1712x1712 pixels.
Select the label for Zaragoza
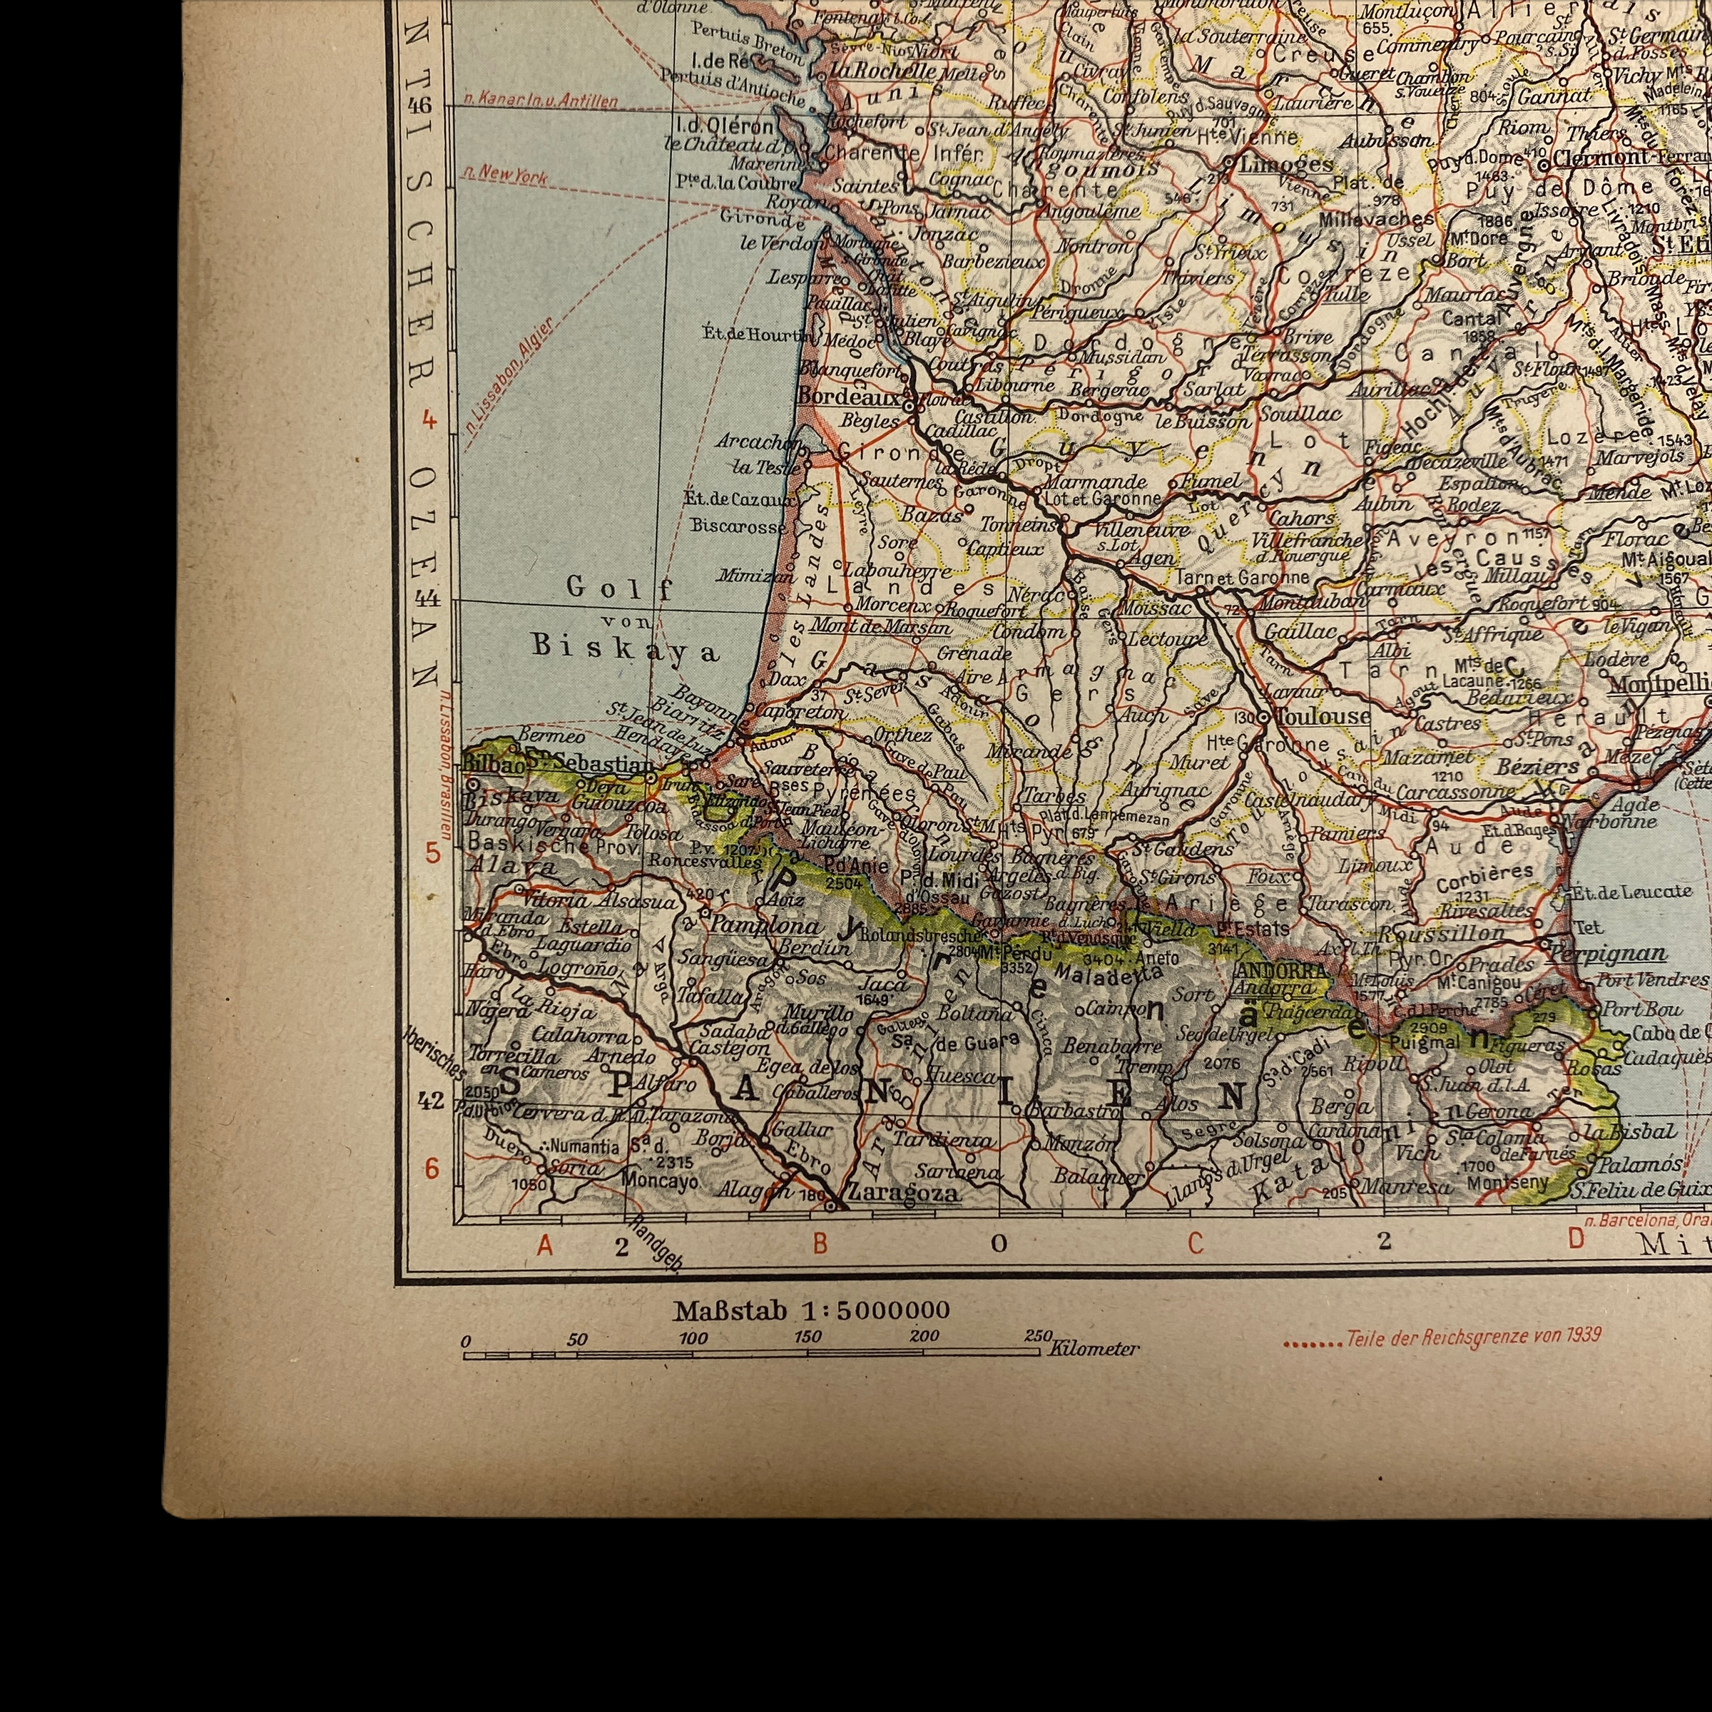(903, 1193)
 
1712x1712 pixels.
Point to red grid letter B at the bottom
(820, 1244)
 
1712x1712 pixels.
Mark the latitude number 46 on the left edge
(420, 106)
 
